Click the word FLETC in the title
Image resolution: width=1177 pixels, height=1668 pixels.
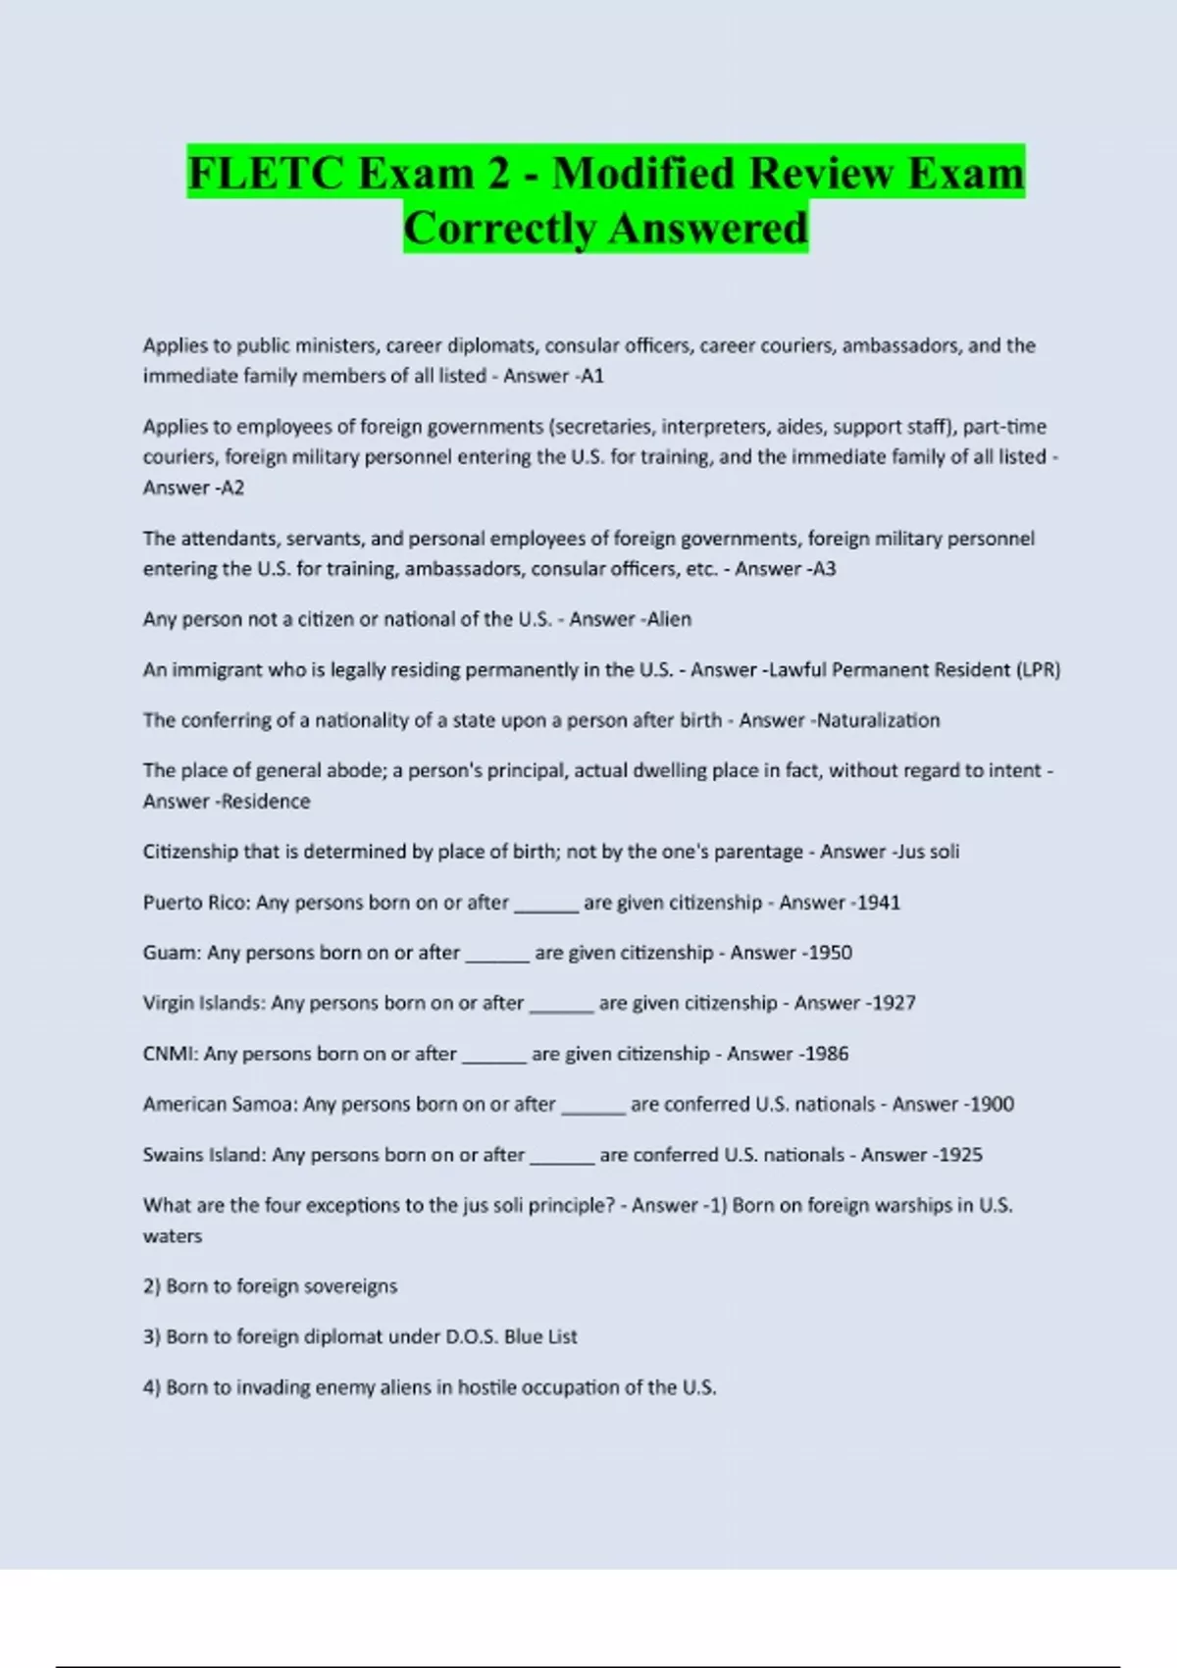(265, 174)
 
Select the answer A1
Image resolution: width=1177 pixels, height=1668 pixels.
(592, 376)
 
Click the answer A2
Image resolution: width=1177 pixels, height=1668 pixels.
(232, 488)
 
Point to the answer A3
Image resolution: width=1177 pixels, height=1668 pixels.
(824, 569)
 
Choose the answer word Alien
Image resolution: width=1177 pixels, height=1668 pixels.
(669, 619)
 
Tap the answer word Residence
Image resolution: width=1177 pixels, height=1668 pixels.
(266, 802)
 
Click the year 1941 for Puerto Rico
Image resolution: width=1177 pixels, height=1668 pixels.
(878, 903)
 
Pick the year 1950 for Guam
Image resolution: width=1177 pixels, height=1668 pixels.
(830, 953)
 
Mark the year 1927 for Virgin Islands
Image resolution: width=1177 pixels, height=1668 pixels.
(894, 1003)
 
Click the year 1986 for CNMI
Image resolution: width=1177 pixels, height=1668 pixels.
(826, 1054)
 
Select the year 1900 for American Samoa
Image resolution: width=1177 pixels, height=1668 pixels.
(992, 1104)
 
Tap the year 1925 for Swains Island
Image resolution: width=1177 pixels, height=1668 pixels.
(960, 1155)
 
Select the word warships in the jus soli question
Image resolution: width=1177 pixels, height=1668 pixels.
(921, 1205)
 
